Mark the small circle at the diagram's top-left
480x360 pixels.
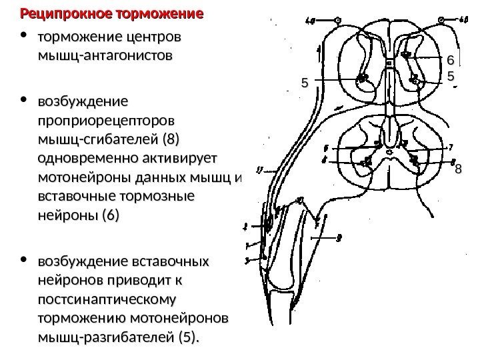click(337, 21)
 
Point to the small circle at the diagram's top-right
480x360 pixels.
click(441, 21)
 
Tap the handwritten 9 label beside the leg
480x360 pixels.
click(339, 235)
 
